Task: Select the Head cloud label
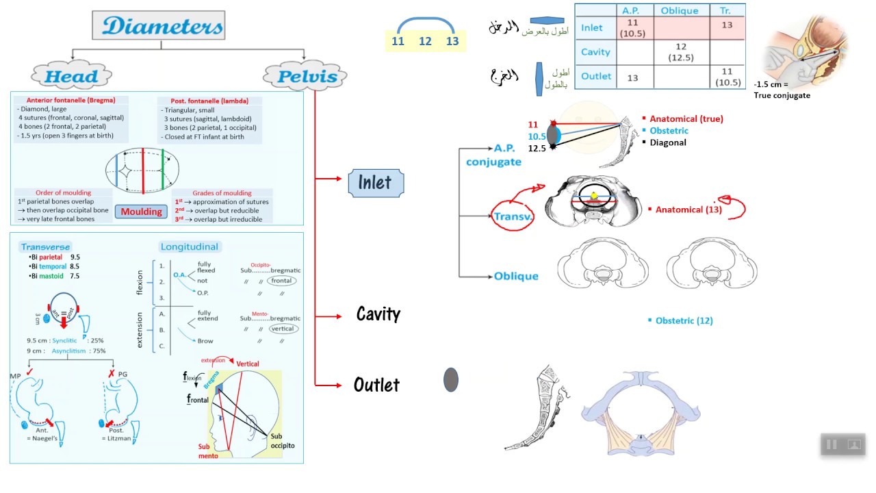(x=71, y=76)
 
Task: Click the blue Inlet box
(x=376, y=182)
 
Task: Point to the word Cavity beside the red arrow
(x=378, y=314)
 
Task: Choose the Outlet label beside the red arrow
(x=376, y=385)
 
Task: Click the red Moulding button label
(x=142, y=212)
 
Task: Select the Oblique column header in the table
(x=680, y=10)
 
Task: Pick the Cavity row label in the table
(x=595, y=52)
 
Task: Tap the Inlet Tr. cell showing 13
(x=727, y=25)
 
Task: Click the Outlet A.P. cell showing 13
(x=632, y=77)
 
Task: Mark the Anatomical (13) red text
(x=688, y=210)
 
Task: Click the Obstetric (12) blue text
(x=684, y=320)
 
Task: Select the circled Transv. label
(x=513, y=216)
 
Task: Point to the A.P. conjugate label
(x=493, y=155)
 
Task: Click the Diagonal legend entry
(x=668, y=142)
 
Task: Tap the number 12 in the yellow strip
(x=425, y=41)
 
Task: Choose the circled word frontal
(x=282, y=281)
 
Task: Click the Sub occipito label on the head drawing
(x=281, y=440)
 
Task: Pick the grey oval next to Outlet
(x=450, y=379)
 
